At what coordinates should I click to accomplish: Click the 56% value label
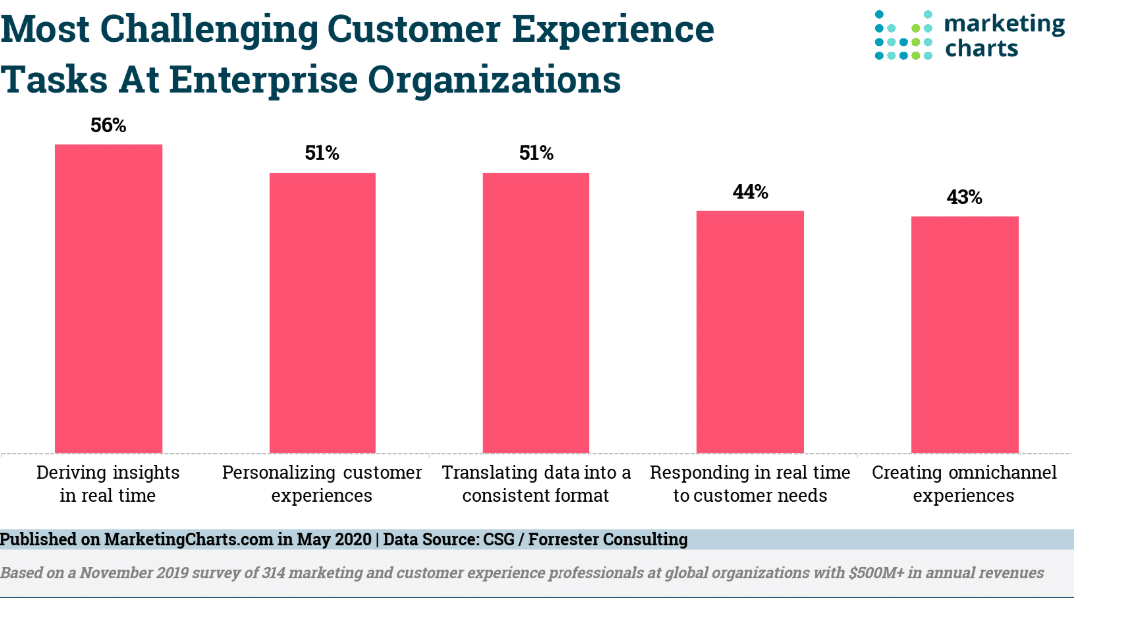coord(108,126)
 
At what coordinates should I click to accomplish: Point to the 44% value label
coord(750,192)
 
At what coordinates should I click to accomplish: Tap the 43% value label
coord(964,198)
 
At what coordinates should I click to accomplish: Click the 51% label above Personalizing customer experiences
coord(322,154)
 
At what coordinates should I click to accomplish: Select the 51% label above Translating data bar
coord(536,154)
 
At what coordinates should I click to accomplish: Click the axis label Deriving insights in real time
coord(108,483)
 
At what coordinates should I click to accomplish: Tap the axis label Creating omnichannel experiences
coord(964,483)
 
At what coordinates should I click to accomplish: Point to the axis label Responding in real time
coord(750,483)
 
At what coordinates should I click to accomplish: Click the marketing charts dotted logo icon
coord(903,35)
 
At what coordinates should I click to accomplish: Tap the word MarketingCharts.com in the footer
coord(188,540)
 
